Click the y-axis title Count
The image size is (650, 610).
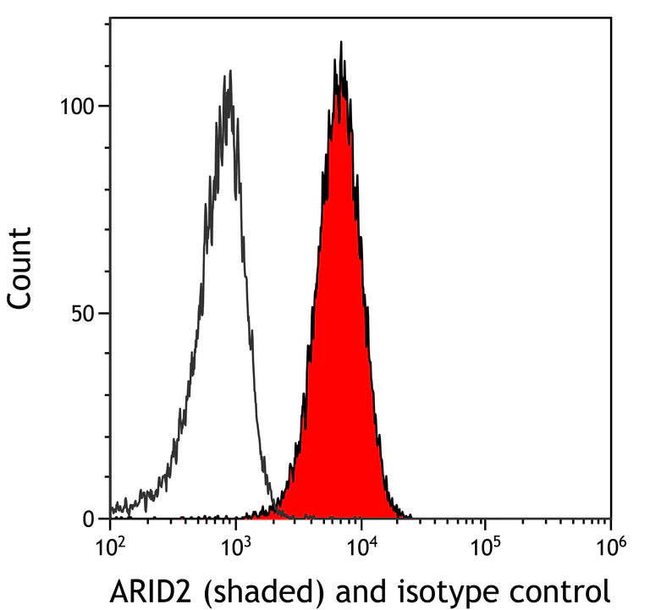point(19,267)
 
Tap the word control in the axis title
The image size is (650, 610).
point(563,589)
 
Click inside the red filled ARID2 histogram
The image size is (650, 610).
point(339,338)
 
